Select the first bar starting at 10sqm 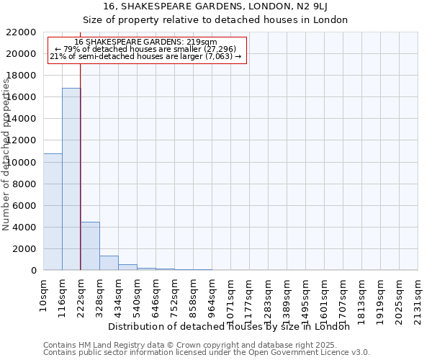click(53, 212)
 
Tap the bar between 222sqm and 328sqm click(90, 246)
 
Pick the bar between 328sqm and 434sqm click(109, 263)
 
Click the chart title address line click(215, 6)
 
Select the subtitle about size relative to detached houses click(215, 19)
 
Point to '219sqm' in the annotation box click(201, 42)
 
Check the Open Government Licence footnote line click(207, 352)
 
